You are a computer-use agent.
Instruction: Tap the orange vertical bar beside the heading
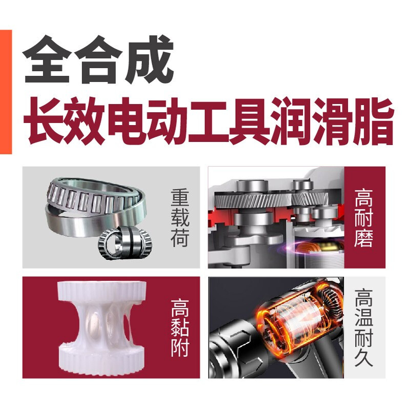6,92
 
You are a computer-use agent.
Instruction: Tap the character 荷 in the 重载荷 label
180,238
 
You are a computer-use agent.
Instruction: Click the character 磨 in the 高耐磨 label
363,238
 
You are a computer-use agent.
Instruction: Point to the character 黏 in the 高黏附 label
180,328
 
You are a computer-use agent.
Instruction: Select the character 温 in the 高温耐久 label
363,318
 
